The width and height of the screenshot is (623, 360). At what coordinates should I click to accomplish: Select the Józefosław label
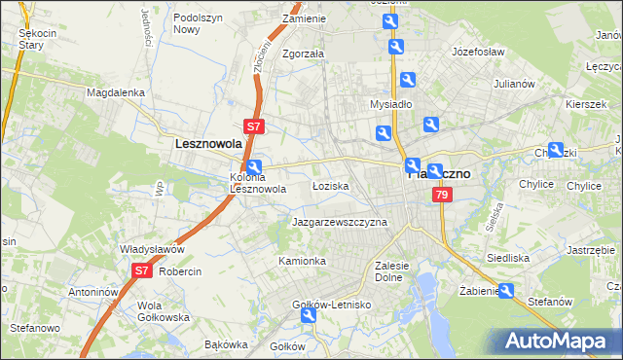coord(475,50)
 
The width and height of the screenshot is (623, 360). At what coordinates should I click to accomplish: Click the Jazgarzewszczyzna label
coord(340,222)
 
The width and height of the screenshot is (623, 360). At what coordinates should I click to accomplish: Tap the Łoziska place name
coord(330,185)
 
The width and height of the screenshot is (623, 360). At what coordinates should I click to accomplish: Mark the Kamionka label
coord(302,261)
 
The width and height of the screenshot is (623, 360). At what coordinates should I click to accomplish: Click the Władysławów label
coord(152,249)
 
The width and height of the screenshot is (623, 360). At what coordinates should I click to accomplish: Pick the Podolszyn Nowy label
coord(199,23)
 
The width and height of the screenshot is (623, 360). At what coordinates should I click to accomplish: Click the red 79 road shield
coord(443,196)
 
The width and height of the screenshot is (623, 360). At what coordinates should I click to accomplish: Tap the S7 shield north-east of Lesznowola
coord(253,126)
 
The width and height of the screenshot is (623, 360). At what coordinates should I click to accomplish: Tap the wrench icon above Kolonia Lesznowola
coord(254,166)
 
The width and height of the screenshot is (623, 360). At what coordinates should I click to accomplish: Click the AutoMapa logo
coord(556,341)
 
